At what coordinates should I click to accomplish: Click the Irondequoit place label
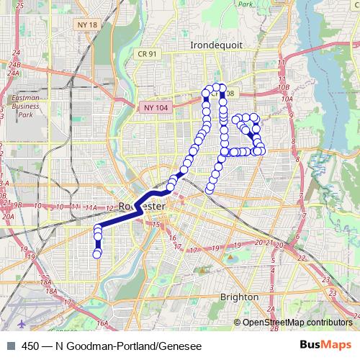pyautogui.click(x=216, y=45)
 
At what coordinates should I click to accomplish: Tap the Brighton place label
pyautogui.click(x=239, y=297)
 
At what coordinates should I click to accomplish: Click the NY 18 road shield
pyautogui.click(x=84, y=24)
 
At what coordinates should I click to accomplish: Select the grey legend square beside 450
pyautogui.click(x=10, y=344)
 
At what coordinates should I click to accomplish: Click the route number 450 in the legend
pyautogui.click(x=30, y=344)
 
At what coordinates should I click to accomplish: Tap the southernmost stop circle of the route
pyautogui.click(x=97, y=253)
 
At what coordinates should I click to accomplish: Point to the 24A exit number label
pyautogui.click(x=12, y=73)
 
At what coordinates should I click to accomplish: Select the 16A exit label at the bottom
pyautogui.click(x=102, y=323)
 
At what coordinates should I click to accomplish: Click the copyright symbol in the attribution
pyautogui.click(x=238, y=323)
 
